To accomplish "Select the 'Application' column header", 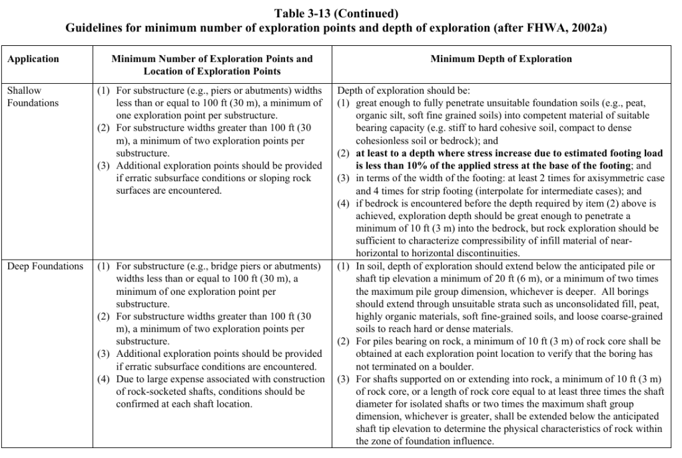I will (33, 59).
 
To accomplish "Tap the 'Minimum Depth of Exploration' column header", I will (501, 59).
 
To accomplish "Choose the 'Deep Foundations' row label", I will (45, 267).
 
